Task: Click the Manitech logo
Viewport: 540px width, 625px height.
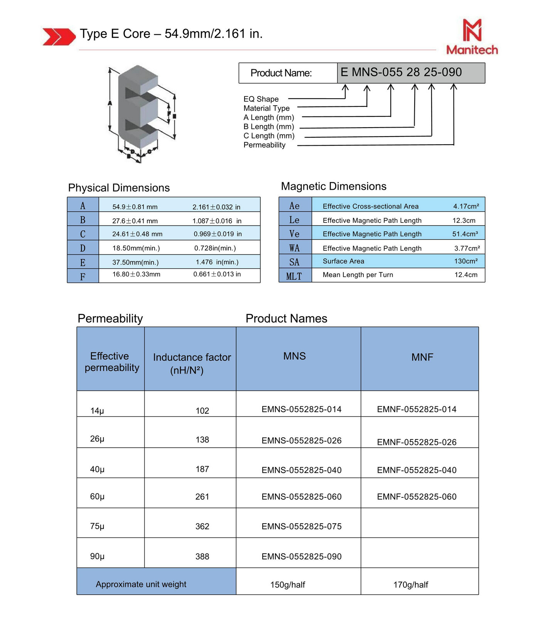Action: point(472,37)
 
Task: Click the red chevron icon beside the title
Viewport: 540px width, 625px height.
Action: point(59,37)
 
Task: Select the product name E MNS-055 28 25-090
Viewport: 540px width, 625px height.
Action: point(401,72)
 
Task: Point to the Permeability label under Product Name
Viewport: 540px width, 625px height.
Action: point(264,145)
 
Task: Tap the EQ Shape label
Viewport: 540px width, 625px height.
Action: point(261,99)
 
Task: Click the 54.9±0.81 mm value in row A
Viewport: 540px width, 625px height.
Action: point(135,207)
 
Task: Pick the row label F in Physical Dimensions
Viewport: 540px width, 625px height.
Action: point(83,276)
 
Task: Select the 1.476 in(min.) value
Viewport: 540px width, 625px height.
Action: point(217,262)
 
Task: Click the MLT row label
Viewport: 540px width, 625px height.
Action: point(294,276)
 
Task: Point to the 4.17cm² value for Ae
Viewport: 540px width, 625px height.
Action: point(466,206)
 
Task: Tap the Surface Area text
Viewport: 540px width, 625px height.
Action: point(343,261)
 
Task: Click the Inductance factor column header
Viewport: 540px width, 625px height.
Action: point(192,364)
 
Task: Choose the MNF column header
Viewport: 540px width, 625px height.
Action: point(422,357)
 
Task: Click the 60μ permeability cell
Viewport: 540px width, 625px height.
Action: point(97,497)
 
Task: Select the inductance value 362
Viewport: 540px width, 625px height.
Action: point(202,526)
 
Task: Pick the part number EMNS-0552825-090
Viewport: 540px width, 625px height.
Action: point(301,556)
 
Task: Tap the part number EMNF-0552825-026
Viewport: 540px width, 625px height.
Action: point(417,442)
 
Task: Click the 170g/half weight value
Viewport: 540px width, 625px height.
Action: point(411,585)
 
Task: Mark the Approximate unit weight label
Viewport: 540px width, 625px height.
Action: point(141,584)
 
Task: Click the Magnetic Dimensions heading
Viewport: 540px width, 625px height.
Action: point(334,186)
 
